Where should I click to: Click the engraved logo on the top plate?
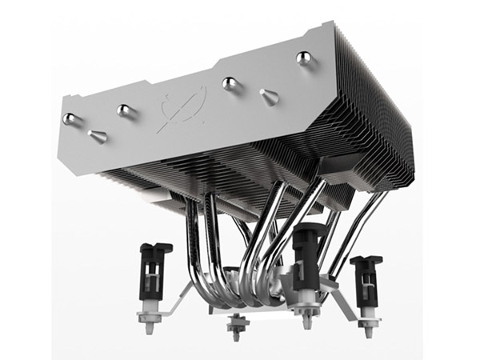click(x=178, y=107)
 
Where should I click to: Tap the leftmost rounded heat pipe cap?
click(x=70, y=118)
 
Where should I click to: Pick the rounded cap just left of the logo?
click(x=123, y=110)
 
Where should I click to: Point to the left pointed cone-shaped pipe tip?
click(x=98, y=136)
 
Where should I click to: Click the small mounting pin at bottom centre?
click(x=236, y=324)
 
